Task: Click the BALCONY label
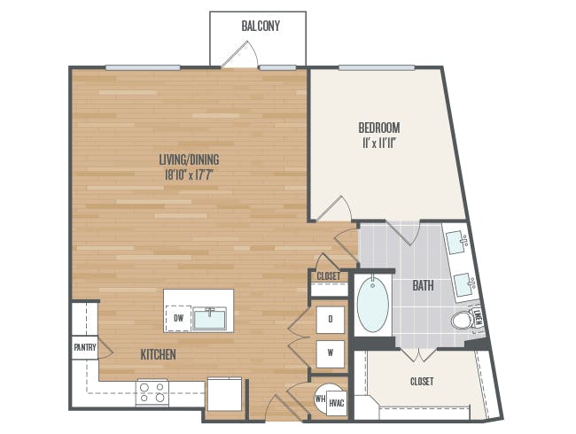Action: click(x=261, y=26)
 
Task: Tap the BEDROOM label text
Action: click(x=379, y=128)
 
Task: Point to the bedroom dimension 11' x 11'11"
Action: click(x=378, y=143)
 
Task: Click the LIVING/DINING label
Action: click(x=189, y=159)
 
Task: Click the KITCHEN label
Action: click(x=159, y=354)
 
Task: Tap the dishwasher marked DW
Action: click(x=178, y=318)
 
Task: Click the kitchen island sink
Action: click(x=210, y=318)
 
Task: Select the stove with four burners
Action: click(x=152, y=392)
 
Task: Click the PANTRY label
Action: click(x=85, y=347)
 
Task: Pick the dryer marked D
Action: click(x=331, y=320)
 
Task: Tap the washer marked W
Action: click(x=331, y=354)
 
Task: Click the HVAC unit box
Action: click(x=337, y=403)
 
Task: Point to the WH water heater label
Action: click(x=320, y=399)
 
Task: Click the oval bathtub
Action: click(x=373, y=305)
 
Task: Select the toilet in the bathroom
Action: click(x=463, y=320)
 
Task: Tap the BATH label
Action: click(x=423, y=285)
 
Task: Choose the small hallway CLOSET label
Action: click(x=329, y=276)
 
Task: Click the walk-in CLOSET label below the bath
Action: click(x=422, y=382)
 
